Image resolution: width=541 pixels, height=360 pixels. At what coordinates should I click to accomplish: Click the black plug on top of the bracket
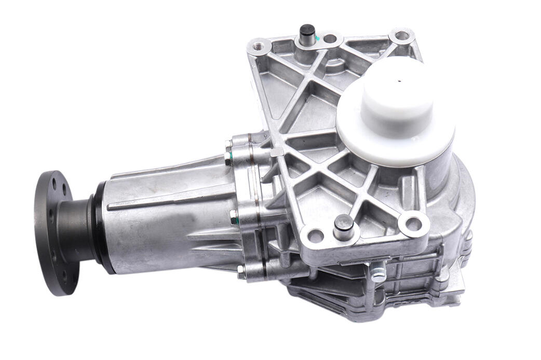[x=307, y=32]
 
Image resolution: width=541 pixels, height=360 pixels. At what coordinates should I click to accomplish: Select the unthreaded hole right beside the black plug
[x=330, y=38]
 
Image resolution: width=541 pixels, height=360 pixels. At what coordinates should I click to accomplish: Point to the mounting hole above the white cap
[x=401, y=36]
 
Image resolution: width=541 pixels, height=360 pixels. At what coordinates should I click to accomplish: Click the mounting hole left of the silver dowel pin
[x=315, y=237]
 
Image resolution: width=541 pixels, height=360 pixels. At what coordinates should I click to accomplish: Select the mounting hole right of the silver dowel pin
[x=413, y=224]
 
